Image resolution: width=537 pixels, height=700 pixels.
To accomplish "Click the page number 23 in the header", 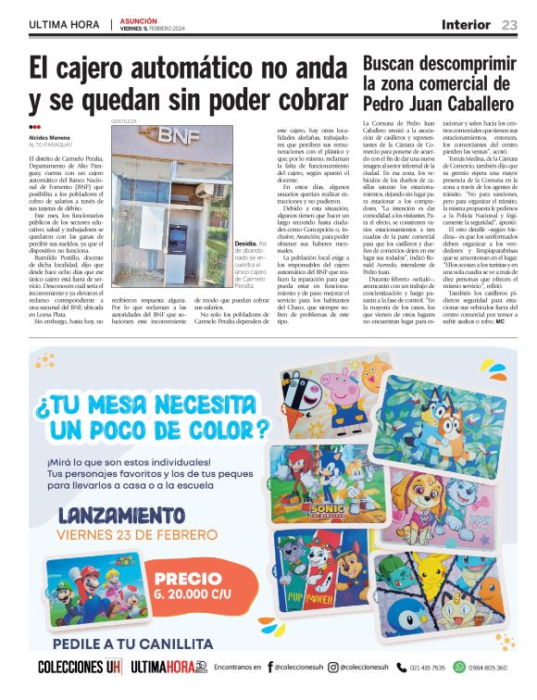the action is tap(510, 24).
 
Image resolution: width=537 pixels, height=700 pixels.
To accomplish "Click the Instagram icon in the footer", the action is tap(334, 667).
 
